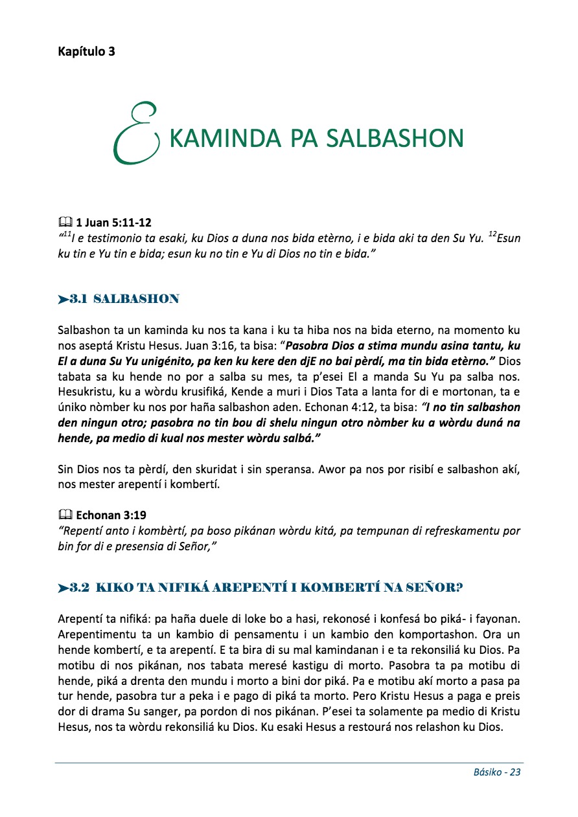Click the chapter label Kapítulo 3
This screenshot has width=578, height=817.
(x=86, y=52)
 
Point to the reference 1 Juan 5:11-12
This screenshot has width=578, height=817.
(x=114, y=223)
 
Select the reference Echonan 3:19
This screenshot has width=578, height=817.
(x=111, y=515)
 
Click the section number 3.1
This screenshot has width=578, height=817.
(x=78, y=299)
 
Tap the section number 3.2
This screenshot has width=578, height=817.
(x=79, y=588)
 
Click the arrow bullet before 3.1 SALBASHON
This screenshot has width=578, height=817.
(x=63, y=299)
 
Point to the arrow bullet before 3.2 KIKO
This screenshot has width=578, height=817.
(x=63, y=588)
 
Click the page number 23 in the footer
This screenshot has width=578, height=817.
(x=515, y=772)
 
